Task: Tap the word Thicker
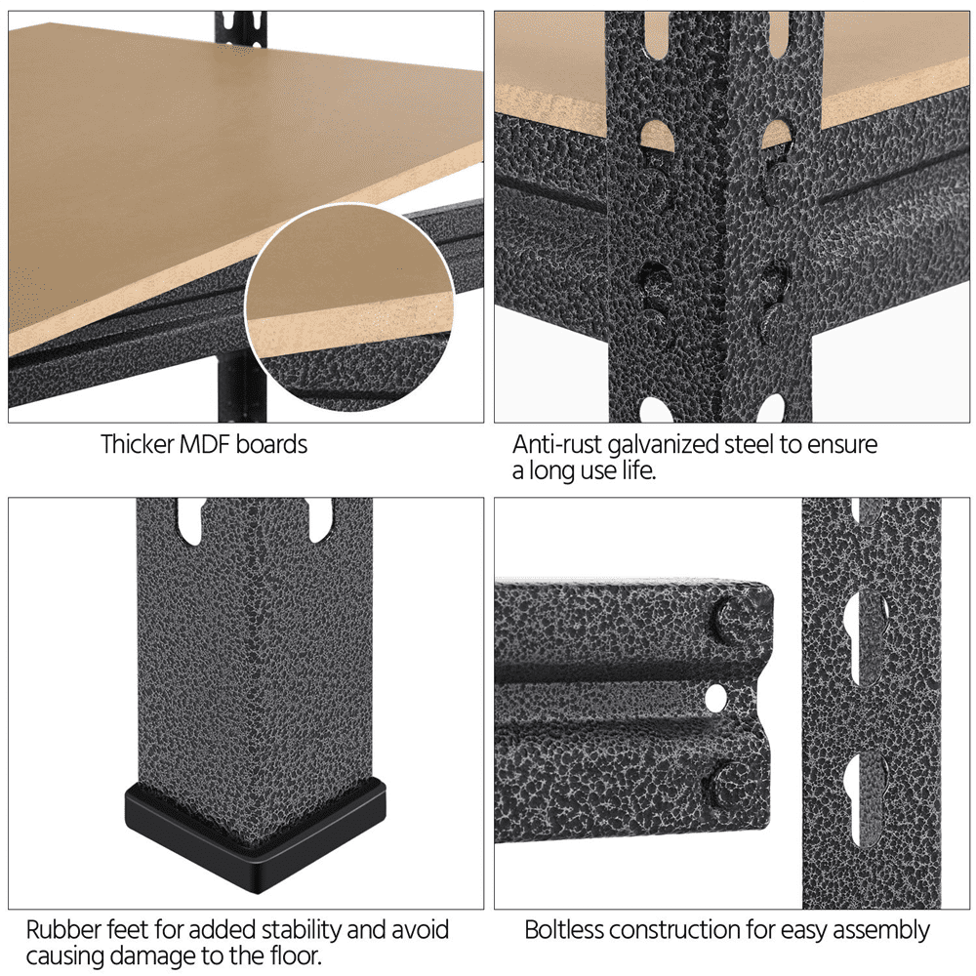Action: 138,444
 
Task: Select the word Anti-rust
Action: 557,444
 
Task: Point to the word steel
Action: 750,444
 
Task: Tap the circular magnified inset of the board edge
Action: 348,306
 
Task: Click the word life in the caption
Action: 639,470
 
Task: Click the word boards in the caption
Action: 272,444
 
